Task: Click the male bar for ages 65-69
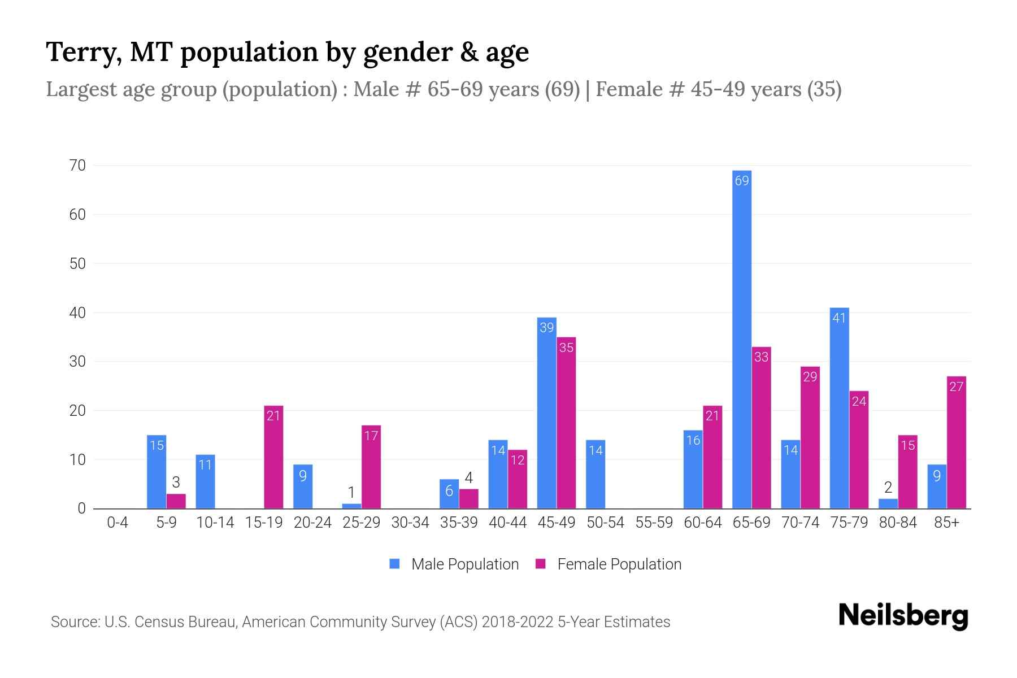coord(741,339)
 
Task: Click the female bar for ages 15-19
coord(273,457)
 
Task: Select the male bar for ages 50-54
coord(596,475)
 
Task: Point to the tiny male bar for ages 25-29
coord(351,506)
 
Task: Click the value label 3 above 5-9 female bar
coord(176,483)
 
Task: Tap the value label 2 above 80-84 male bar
coord(888,488)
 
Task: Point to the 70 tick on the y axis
coord(77,166)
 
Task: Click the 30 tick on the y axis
coord(77,362)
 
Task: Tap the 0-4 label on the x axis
coord(118,523)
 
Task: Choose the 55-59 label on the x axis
coord(654,523)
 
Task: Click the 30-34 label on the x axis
coord(410,523)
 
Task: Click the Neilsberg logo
coord(903,615)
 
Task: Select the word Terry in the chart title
coord(81,52)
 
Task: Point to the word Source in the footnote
coord(75,622)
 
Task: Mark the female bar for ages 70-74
coord(810,437)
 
